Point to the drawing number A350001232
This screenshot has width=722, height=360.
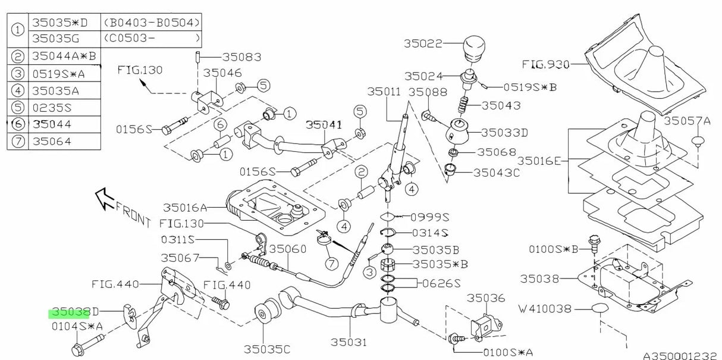(x=680, y=355)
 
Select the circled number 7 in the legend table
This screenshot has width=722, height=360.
(x=18, y=142)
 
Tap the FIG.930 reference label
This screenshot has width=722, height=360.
(x=545, y=63)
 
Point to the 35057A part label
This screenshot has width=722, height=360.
(x=687, y=121)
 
